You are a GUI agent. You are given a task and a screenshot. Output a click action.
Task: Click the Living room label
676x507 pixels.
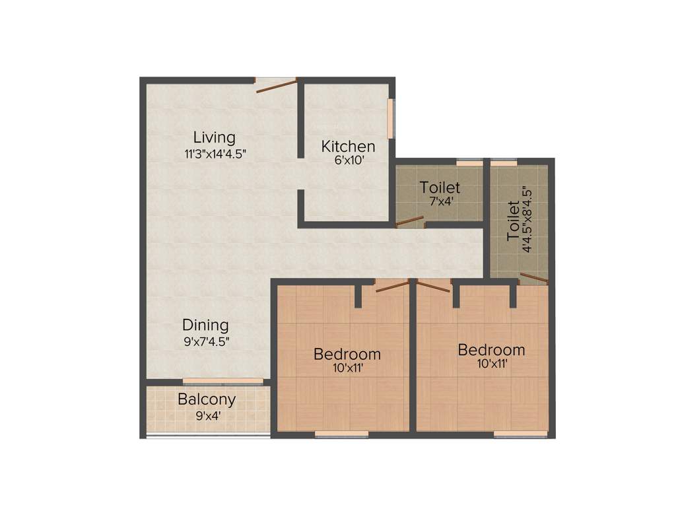(214, 138)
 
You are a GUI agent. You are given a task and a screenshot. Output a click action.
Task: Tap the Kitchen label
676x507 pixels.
(348, 146)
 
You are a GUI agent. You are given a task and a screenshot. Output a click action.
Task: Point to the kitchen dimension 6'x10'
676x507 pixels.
(348, 160)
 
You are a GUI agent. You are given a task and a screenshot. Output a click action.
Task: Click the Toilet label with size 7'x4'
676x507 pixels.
(440, 187)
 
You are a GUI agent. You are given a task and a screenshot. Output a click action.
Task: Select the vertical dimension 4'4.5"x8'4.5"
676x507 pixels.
(527, 220)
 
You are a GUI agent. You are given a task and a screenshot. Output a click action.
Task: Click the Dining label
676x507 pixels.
(205, 325)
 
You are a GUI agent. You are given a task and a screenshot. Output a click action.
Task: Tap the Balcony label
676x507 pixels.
(207, 399)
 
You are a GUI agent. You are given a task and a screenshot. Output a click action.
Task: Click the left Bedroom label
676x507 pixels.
(347, 354)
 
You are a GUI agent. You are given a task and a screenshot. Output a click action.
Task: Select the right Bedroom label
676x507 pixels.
(491, 349)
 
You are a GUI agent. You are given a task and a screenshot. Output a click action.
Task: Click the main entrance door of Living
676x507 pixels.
(276, 84)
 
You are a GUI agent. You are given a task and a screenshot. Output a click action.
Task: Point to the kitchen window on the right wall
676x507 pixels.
(390, 118)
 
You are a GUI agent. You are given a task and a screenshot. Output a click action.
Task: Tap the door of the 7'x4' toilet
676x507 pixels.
(410, 221)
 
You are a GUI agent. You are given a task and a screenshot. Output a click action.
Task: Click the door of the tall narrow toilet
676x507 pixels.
(533, 278)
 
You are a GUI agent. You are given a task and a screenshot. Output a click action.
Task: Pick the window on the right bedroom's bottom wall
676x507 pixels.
(520, 434)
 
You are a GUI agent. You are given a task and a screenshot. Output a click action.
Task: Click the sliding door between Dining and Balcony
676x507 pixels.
(222, 381)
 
